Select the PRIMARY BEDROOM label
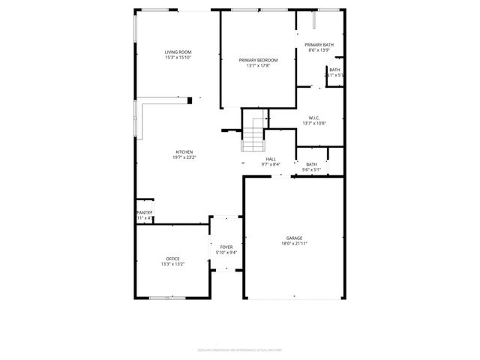[258, 60]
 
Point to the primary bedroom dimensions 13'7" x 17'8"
[258, 66]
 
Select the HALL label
[271, 158]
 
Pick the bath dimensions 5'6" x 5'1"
[310, 169]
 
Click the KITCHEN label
[184, 151]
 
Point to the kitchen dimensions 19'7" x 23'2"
[184, 157]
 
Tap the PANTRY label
[144, 212]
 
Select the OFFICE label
[172, 259]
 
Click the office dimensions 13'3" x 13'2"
[172, 265]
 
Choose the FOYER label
[226, 246]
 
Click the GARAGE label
[294, 237]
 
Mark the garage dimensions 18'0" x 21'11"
[294, 243]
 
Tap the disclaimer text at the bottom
[239, 349]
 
